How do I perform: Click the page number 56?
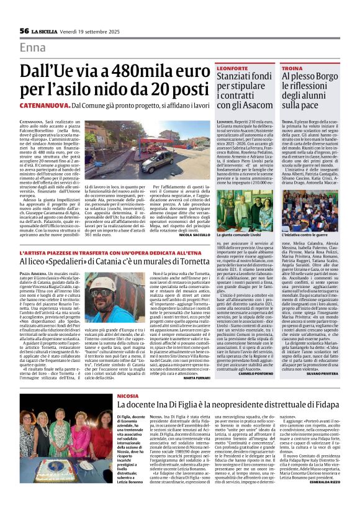click(24, 30)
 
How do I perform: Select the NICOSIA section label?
click(128, 395)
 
